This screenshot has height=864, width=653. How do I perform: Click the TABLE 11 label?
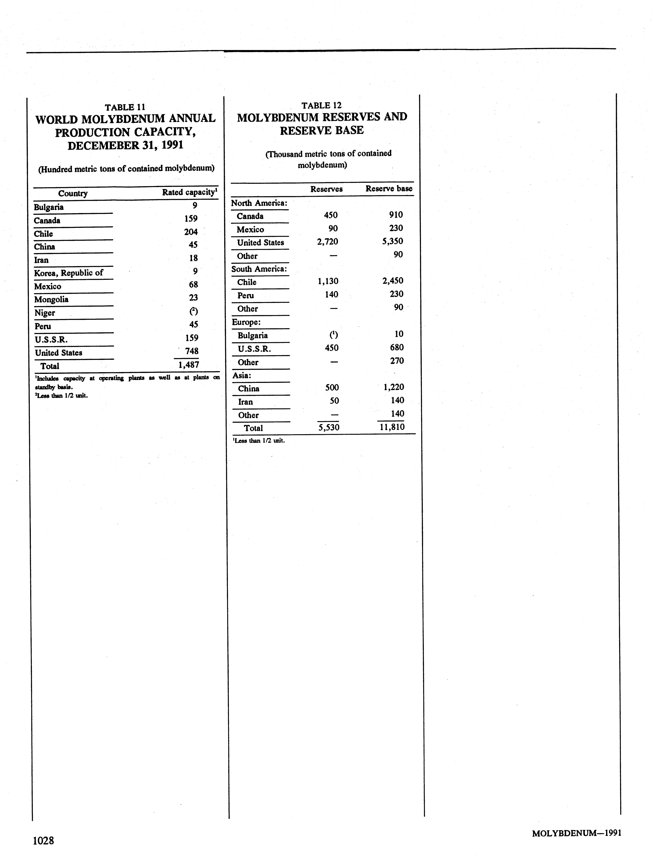[x=125, y=107]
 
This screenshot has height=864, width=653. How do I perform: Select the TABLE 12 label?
[x=322, y=105]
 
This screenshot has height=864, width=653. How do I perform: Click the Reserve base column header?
[x=389, y=189]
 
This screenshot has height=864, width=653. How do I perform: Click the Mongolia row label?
[x=51, y=300]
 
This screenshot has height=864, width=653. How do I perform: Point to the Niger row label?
[x=45, y=313]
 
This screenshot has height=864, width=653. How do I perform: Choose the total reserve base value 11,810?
[x=392, y=427]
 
